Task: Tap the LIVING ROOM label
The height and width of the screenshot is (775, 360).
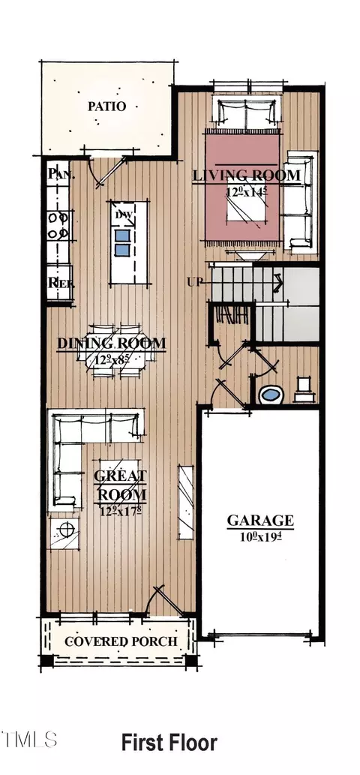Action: (x=247, y=176)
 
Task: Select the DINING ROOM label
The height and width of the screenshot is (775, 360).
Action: (x=112, y=344)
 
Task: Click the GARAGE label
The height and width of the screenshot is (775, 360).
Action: (x=260, y=520)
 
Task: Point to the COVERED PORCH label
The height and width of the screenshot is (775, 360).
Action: (x=120, y=641)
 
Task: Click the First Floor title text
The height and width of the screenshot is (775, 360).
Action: (x=169, y=743)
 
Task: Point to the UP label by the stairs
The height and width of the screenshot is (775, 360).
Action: (x=194, y=282)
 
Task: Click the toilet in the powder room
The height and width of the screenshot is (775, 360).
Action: (x=304, y=386)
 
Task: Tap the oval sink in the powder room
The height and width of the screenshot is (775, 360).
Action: (x=268, y=394)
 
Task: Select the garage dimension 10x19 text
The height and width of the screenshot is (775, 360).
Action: (x=260, y=535)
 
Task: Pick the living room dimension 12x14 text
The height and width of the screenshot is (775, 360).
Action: (x=247, y=192)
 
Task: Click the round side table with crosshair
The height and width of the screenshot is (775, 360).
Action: (x=66, y=530)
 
